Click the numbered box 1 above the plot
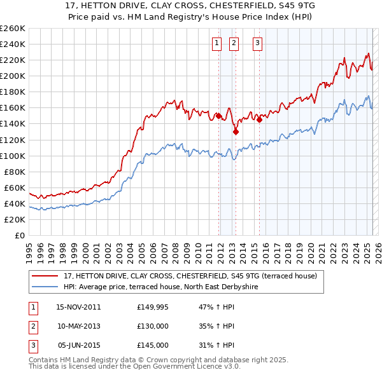tap(216, 43)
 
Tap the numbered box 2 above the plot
tap(234, 43)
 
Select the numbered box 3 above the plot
tap(257, 43)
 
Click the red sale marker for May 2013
tap(236, 132)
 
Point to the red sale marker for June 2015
tap(259, 119)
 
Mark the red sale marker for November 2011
tap(218, 116)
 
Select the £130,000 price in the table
tap(153, 326)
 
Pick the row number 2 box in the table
tap(32, 326)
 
